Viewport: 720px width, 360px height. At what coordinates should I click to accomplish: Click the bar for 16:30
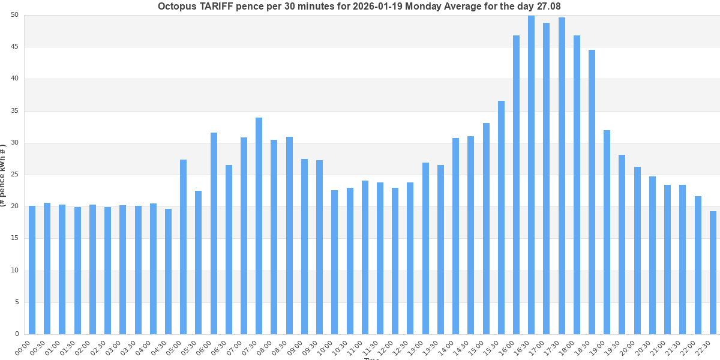click(x=531, y=175)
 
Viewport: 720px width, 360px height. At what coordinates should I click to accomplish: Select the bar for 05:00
click(x=183, y=247)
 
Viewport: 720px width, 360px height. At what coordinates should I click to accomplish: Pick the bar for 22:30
click(x=713, y=272)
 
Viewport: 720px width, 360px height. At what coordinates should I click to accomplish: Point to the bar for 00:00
click(x=32, y=270)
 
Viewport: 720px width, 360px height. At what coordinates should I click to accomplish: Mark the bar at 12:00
click(x=395, y=261)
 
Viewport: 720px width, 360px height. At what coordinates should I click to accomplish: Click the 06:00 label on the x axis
click(x=205, y=347)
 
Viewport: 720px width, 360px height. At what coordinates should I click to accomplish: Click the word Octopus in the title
click(x=177, y=7)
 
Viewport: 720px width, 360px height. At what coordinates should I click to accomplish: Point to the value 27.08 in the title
click(x=548, y=7)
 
